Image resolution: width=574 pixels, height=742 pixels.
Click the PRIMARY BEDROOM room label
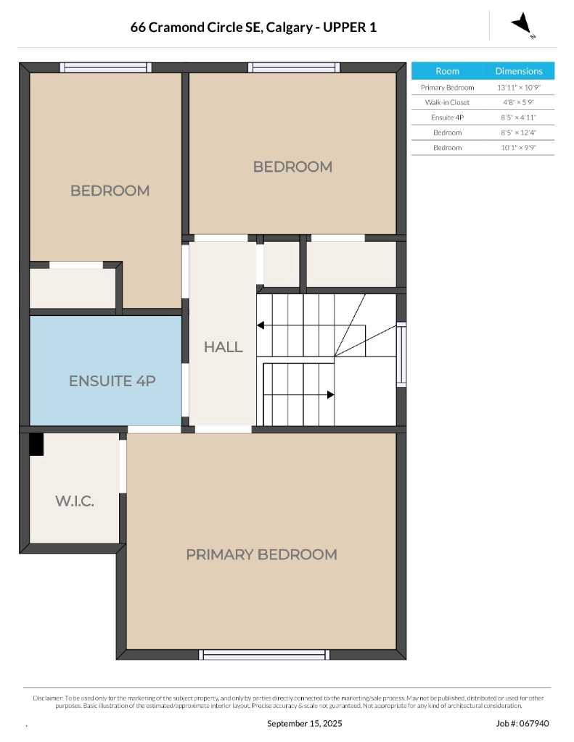[261, 554]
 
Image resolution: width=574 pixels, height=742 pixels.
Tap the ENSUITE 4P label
[112, 380]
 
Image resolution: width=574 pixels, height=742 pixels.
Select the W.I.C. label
[74, 501]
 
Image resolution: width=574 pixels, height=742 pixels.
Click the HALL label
[223, 347]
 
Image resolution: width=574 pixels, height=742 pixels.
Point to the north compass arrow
[522, 25]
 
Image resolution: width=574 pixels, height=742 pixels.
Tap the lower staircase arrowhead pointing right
[330, 395]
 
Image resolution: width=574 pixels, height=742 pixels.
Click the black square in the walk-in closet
[36, 444]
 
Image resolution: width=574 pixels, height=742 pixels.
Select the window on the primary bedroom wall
[263, 654]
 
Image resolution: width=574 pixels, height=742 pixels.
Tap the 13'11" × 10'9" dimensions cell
[519, 87]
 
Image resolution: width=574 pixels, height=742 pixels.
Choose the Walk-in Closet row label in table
[447, 102]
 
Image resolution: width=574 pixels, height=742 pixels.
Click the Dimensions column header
[519, 71]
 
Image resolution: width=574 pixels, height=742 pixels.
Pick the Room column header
[447, 71]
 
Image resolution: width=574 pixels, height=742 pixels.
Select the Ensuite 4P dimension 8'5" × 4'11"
[519, 117]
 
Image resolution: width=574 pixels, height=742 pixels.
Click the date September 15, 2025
[304, 723]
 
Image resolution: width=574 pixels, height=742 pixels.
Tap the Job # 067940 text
[522, 723]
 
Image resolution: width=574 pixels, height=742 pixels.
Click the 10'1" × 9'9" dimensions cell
[519, 148]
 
